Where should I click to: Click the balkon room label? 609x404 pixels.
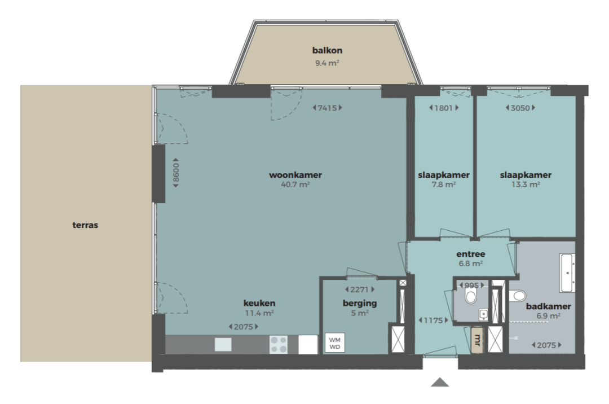(x=327, y=51)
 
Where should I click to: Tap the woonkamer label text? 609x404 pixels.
(x=295, y=175)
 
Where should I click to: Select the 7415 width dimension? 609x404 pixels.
(x=328, y=108)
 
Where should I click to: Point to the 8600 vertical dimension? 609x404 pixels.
(x=175, y=173)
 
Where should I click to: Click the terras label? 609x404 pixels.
(x=85, y=225)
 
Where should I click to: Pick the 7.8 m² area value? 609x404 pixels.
(x=444, y=185)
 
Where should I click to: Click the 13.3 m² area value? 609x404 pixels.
(x=526, y=185)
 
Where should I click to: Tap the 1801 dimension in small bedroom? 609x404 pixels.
(x=444, y=108)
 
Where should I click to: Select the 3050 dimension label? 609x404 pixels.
(x=520, y=108)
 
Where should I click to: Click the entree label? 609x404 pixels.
(x=471, y=254)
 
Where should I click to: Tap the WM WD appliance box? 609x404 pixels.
(x=334, y=343)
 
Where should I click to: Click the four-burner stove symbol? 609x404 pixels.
(x=279, y=345)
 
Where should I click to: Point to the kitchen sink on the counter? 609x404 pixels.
(x=223, y=345)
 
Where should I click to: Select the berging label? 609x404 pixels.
(x=360, y=304)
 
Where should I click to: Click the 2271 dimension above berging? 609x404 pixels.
(x=360, y=289)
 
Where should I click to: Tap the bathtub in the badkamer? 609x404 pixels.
(x=567, y=273)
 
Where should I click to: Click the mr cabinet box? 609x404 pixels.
(x=477, y=340)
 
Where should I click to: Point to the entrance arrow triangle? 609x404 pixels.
(x=440, y=382)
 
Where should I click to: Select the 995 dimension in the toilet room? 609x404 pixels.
(x=471, y=286)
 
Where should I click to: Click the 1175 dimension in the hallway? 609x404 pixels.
(x=434, y=320)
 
